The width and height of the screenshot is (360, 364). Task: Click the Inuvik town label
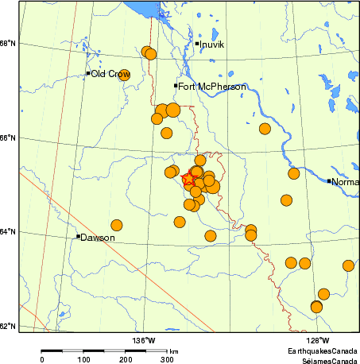click(x=213, y=45)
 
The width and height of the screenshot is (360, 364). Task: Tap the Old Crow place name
click(x=110, y=74)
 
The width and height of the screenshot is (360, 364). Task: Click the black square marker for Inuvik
click(x=197, y=44)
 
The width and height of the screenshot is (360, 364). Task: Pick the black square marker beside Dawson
click(x=78, y=236)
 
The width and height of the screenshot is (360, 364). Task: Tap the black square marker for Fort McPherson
click(x=176, y=85)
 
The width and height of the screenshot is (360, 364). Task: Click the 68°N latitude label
click(x=8, y=43)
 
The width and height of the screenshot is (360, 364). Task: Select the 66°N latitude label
click(x=8, y=137)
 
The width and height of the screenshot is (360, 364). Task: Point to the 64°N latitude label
click(x=8, y=232)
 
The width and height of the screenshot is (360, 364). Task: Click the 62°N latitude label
click(x=8, y=326)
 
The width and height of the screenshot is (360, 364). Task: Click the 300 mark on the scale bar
click(x=168, y=360)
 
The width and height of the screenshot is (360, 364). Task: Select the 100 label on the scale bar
click(x=83, y=360)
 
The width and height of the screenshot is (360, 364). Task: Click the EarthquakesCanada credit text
click(x=323, y=350)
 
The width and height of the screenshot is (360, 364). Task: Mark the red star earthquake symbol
click(x=189, y=180)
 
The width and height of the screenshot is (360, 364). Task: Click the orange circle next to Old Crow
click(x=124, y=75)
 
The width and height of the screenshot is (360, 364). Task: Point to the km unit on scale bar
click(x=173, y=350)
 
